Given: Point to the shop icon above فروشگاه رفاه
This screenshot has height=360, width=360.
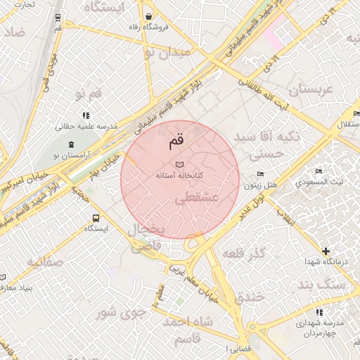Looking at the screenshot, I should coord(149,16).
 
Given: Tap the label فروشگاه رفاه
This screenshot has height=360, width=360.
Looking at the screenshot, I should coord(149,27).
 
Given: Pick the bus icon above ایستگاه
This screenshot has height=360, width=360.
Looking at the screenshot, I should coord(96,218).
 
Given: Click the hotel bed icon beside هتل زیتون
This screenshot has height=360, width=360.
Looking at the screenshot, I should coord(262,174).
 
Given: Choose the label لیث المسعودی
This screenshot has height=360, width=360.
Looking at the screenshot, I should coord(319,181).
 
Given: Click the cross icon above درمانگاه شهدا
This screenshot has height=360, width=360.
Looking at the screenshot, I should coord(326,251).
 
